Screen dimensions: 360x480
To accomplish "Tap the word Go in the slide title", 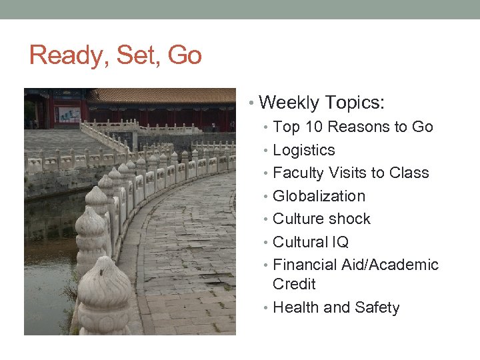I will point(185,55).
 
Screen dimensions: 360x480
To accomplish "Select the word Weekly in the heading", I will point(289,103).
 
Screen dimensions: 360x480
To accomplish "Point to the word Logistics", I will point(304,151).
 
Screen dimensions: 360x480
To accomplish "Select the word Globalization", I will point(319,196).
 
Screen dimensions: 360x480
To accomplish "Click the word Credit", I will point(294,284).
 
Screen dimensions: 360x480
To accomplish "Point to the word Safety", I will point(377,307).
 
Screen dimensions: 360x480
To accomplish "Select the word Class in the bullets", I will point(409,173).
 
